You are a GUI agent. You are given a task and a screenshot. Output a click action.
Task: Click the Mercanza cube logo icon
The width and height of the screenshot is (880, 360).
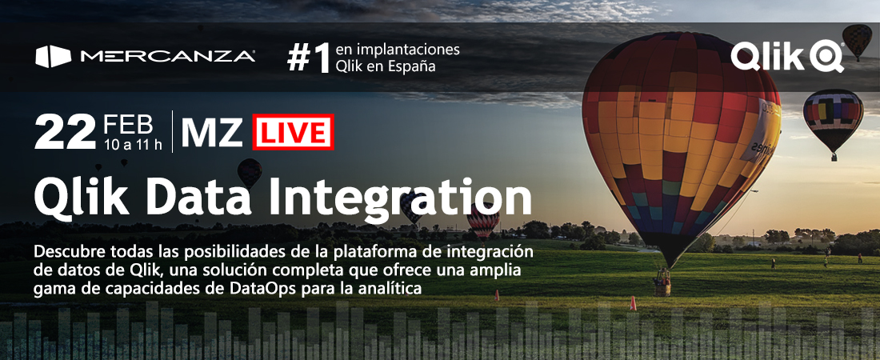(54, 57)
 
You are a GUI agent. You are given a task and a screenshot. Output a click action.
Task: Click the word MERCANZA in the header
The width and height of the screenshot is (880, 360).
(168, 56)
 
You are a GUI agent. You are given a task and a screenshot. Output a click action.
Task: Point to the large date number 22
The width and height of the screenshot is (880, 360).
(65, 132)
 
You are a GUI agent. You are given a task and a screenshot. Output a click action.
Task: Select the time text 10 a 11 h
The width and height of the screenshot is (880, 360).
(133, 145)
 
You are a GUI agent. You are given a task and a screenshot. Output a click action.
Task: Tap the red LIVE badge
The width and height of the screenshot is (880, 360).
(293, 132)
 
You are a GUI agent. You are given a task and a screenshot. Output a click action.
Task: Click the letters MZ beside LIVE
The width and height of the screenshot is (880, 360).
(211, 133)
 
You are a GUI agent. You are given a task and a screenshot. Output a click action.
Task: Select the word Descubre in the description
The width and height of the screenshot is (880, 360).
(62, 250)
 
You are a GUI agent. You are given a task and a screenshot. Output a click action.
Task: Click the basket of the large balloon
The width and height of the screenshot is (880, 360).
(663, 283)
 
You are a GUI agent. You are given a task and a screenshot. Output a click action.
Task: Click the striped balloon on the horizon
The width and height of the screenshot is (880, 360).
(482, 221)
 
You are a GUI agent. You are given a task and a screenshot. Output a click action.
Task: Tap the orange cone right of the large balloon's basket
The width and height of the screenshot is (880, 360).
(633, 304)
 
